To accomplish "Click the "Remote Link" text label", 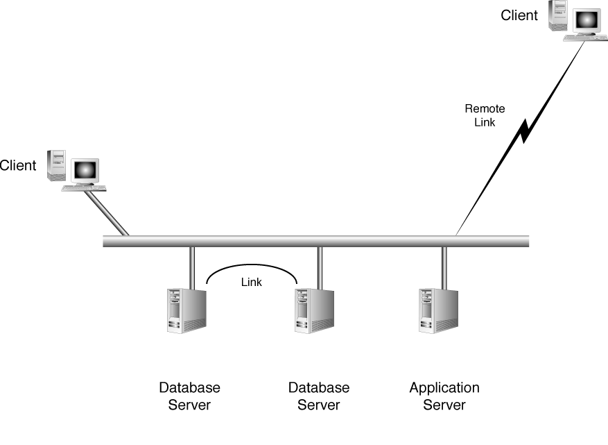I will coord(485,115).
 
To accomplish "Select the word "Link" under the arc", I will coord(252,282).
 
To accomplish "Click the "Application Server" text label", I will coord(444,396).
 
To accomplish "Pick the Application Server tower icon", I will coord(438,311).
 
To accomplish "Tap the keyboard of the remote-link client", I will coord(584,38).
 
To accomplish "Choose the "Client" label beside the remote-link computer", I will coord(519,15).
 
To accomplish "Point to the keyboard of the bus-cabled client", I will coord(83,187).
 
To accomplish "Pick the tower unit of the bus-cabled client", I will coord(56,165).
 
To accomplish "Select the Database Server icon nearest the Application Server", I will coord(313,311).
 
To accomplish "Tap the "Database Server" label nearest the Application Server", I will coord(319,396).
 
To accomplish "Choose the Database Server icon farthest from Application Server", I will coord(185,311).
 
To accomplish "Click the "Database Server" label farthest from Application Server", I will coord(189,396).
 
